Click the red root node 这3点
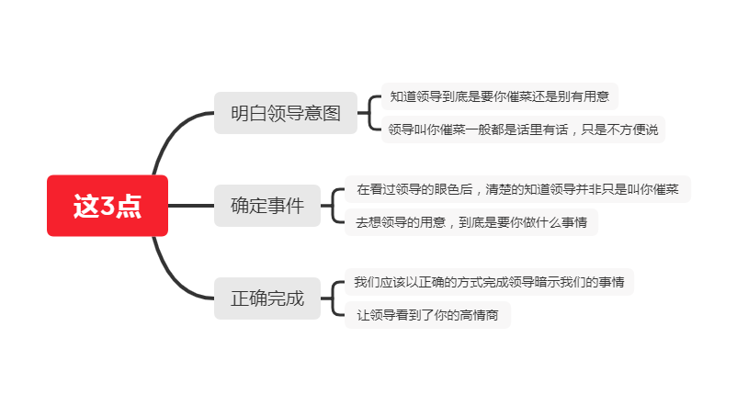point(108,206)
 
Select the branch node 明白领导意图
point(285,113)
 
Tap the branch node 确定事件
point(267,206)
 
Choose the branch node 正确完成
point(267,298)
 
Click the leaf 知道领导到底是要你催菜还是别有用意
point(500,96)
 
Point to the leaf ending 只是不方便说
point(523,129)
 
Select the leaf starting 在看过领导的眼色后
point(517,189)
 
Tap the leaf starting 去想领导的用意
point(471,222)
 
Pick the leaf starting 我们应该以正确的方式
point(489,282)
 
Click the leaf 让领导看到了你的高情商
point(427,315)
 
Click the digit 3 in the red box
point(108,206)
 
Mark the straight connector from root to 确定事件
point(191,206)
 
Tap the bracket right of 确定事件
point(333,206)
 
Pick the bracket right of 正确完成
point(333,298)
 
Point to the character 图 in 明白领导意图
point(332,114)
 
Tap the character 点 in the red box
point(129,206)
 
